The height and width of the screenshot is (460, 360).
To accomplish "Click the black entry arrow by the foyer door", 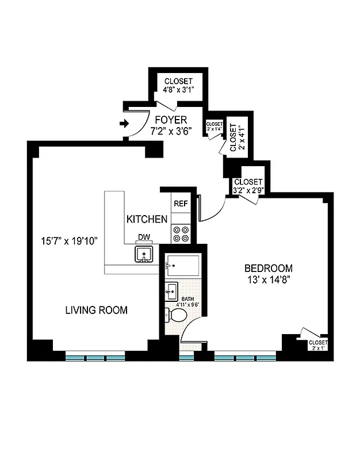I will [x=123, y=123].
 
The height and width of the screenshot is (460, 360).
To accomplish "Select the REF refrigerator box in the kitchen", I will [x=180, y=203].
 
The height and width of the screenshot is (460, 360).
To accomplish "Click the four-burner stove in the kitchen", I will [x=180, y=234].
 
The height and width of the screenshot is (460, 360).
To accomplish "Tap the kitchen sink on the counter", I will [x=143, y=254].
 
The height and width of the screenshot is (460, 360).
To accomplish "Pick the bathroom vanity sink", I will [x=171, y=292].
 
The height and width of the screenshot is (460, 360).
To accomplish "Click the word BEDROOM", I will [x=269, y=268].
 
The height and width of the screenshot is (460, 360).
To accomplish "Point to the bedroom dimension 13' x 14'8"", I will [x=269, y=280].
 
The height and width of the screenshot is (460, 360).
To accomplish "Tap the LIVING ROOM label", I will [x=96, y=310].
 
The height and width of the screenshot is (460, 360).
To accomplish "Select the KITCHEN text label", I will [x=147, y=219].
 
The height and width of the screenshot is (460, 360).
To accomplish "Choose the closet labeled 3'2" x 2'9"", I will [x=248, y=186].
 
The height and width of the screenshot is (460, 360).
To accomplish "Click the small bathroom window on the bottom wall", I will [x=186, y=358].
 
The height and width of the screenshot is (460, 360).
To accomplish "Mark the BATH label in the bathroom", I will [x=188, y=299].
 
